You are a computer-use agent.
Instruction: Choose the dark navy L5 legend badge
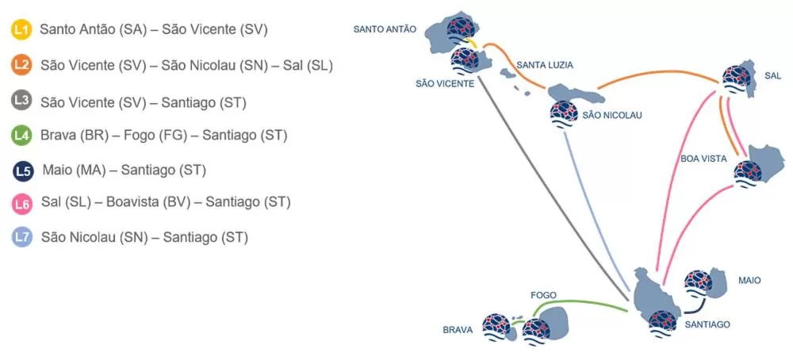(x=24, y=170)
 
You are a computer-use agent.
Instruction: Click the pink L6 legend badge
(x=23, y=203)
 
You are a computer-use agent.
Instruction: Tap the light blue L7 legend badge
(x=23, y=236)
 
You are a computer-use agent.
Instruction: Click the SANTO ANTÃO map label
(x=384, y=29)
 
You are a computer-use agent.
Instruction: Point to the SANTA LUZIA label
(x=544, y=64)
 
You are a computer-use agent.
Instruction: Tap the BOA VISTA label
(x=703, y=159)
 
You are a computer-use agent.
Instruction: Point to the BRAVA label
(x=458, y=330)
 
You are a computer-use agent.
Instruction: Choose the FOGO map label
(x=543, y=295)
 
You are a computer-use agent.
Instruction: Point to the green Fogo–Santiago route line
(x=587, y=303)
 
